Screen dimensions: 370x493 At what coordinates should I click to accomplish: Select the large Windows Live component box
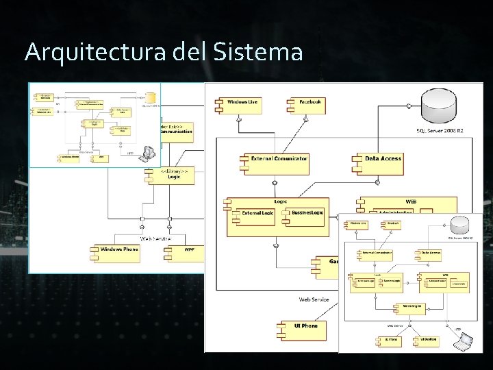[x=238, y=104]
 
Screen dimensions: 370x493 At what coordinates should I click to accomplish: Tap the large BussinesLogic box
[x=306, y=216]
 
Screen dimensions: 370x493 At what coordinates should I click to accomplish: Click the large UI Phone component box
[x=299, y=329]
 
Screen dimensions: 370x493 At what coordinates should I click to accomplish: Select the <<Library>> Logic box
[x=171, y=175]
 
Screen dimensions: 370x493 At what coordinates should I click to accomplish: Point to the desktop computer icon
[x=147, y=153]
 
